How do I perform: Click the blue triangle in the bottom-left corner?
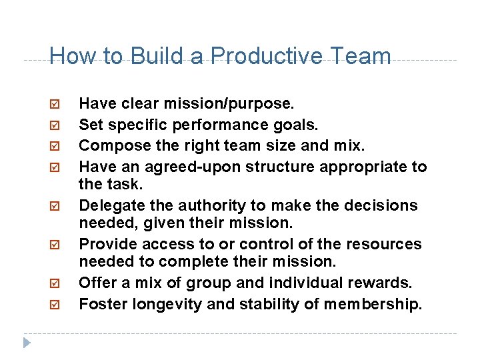[27, 343]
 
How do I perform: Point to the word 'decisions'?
[385, 205]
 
